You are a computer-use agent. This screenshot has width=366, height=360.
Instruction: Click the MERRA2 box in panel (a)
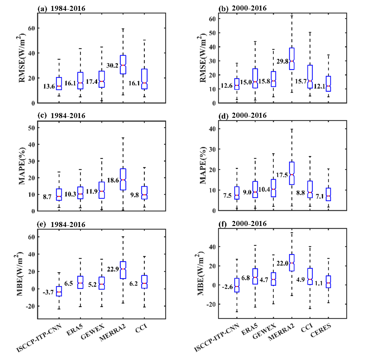pos(123,64)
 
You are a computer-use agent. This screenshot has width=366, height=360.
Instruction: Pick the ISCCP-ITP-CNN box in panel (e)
pos(59,291)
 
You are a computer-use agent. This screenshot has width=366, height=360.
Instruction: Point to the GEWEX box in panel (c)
pos(101,190)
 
